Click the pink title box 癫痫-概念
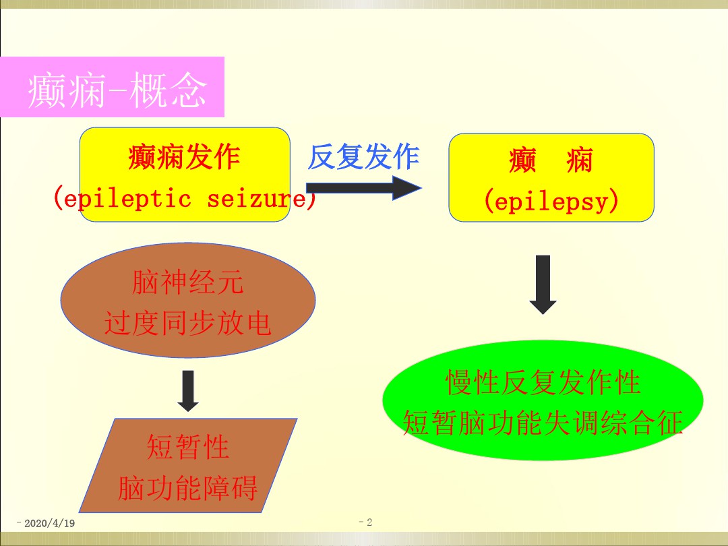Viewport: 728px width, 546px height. (x=112, y=87)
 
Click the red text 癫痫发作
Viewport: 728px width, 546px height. (x=184, y=157)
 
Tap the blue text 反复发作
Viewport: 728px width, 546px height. (x=363, y=156)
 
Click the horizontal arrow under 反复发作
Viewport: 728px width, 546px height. (x=364, y=188)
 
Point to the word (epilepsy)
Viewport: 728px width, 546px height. (x=551, y=201)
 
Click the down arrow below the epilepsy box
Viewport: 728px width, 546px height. (x=543, y=284)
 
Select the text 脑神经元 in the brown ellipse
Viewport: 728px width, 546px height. (x=187, y=282)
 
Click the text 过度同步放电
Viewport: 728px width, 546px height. (x=187, y=323)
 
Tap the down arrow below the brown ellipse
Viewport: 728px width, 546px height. (x=188, y=391)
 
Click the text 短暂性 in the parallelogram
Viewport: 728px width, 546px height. (x=188, y=447)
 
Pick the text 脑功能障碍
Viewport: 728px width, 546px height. (x=188, y=488)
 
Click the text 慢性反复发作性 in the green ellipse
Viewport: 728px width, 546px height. (x=543, y=382)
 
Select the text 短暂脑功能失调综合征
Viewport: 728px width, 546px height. (x=543, y=423)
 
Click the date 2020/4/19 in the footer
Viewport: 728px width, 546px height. (x=49, y=523)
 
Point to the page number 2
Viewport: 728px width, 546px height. (x=369, y=522)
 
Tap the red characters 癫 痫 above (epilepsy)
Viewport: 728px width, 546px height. (x=551, y=160)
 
